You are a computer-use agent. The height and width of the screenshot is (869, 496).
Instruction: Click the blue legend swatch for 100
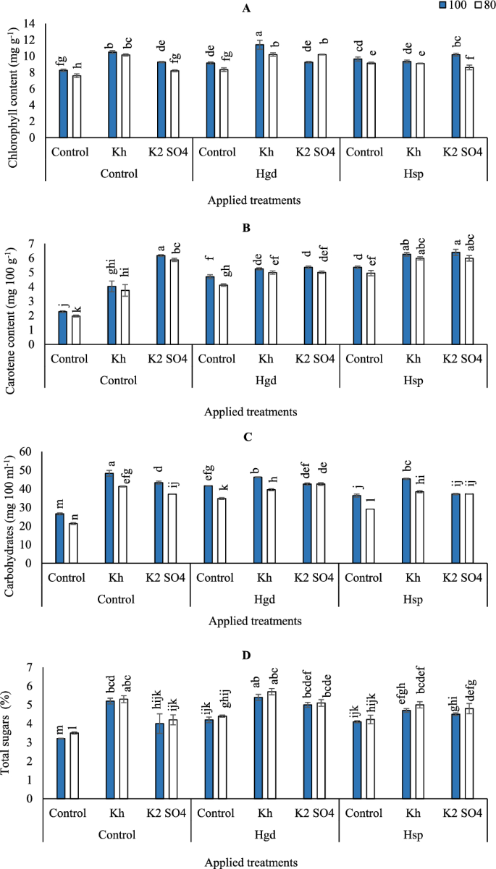(x=444, y=6)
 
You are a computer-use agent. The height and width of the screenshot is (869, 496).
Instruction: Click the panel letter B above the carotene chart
(x=248, y=226)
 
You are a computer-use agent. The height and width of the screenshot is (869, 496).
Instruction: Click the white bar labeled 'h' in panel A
(x=76, y=106)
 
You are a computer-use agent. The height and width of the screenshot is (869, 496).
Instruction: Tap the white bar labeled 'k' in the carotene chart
(x=76, y=330)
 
